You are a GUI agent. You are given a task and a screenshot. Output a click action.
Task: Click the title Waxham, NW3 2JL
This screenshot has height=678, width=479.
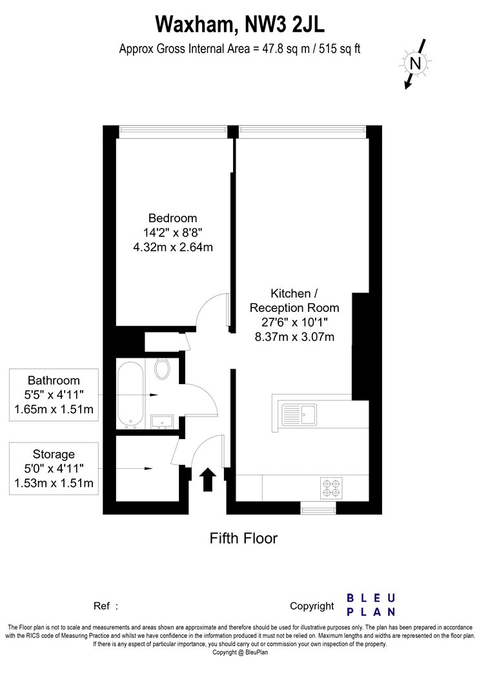[x=239, y=25]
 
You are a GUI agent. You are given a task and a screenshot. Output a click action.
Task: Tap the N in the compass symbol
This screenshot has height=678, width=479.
[x=415, y=63]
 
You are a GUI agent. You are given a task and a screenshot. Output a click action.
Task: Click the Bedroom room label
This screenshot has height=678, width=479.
[x=172, y=218]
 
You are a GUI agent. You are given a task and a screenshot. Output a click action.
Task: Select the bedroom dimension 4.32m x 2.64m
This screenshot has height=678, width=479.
[x=172, y=247]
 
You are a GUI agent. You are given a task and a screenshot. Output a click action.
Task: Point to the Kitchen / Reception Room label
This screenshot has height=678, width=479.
[x=294, y=300]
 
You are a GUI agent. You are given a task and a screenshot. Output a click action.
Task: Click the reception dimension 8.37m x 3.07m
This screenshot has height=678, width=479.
[x=294, y=337]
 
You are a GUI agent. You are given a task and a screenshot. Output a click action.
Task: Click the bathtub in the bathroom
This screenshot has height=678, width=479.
[x=130, y=395]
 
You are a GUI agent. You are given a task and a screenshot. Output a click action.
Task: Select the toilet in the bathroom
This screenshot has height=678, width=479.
[x=162, y=369]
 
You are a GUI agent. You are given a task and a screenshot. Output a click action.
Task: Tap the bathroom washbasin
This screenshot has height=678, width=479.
[x=162, y=422]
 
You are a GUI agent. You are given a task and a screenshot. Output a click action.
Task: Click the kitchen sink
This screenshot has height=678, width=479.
[x=299, y=415]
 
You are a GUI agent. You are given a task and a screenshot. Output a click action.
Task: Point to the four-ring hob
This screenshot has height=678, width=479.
[x=331, y=488]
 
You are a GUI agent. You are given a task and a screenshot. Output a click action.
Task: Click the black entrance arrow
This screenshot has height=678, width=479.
[x=208, y=479]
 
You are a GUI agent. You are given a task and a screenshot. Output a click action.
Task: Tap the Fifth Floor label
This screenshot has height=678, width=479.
[x=243, y=539]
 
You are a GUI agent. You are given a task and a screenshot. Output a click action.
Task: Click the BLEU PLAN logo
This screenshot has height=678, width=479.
[x=371, y=605]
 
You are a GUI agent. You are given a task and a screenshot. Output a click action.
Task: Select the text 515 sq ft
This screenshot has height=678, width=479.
[x=340, y=49]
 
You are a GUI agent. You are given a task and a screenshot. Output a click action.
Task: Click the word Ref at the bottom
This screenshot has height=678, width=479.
[x=101, y=606]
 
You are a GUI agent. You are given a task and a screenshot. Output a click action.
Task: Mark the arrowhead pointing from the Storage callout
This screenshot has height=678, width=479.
[x=148, y=468]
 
